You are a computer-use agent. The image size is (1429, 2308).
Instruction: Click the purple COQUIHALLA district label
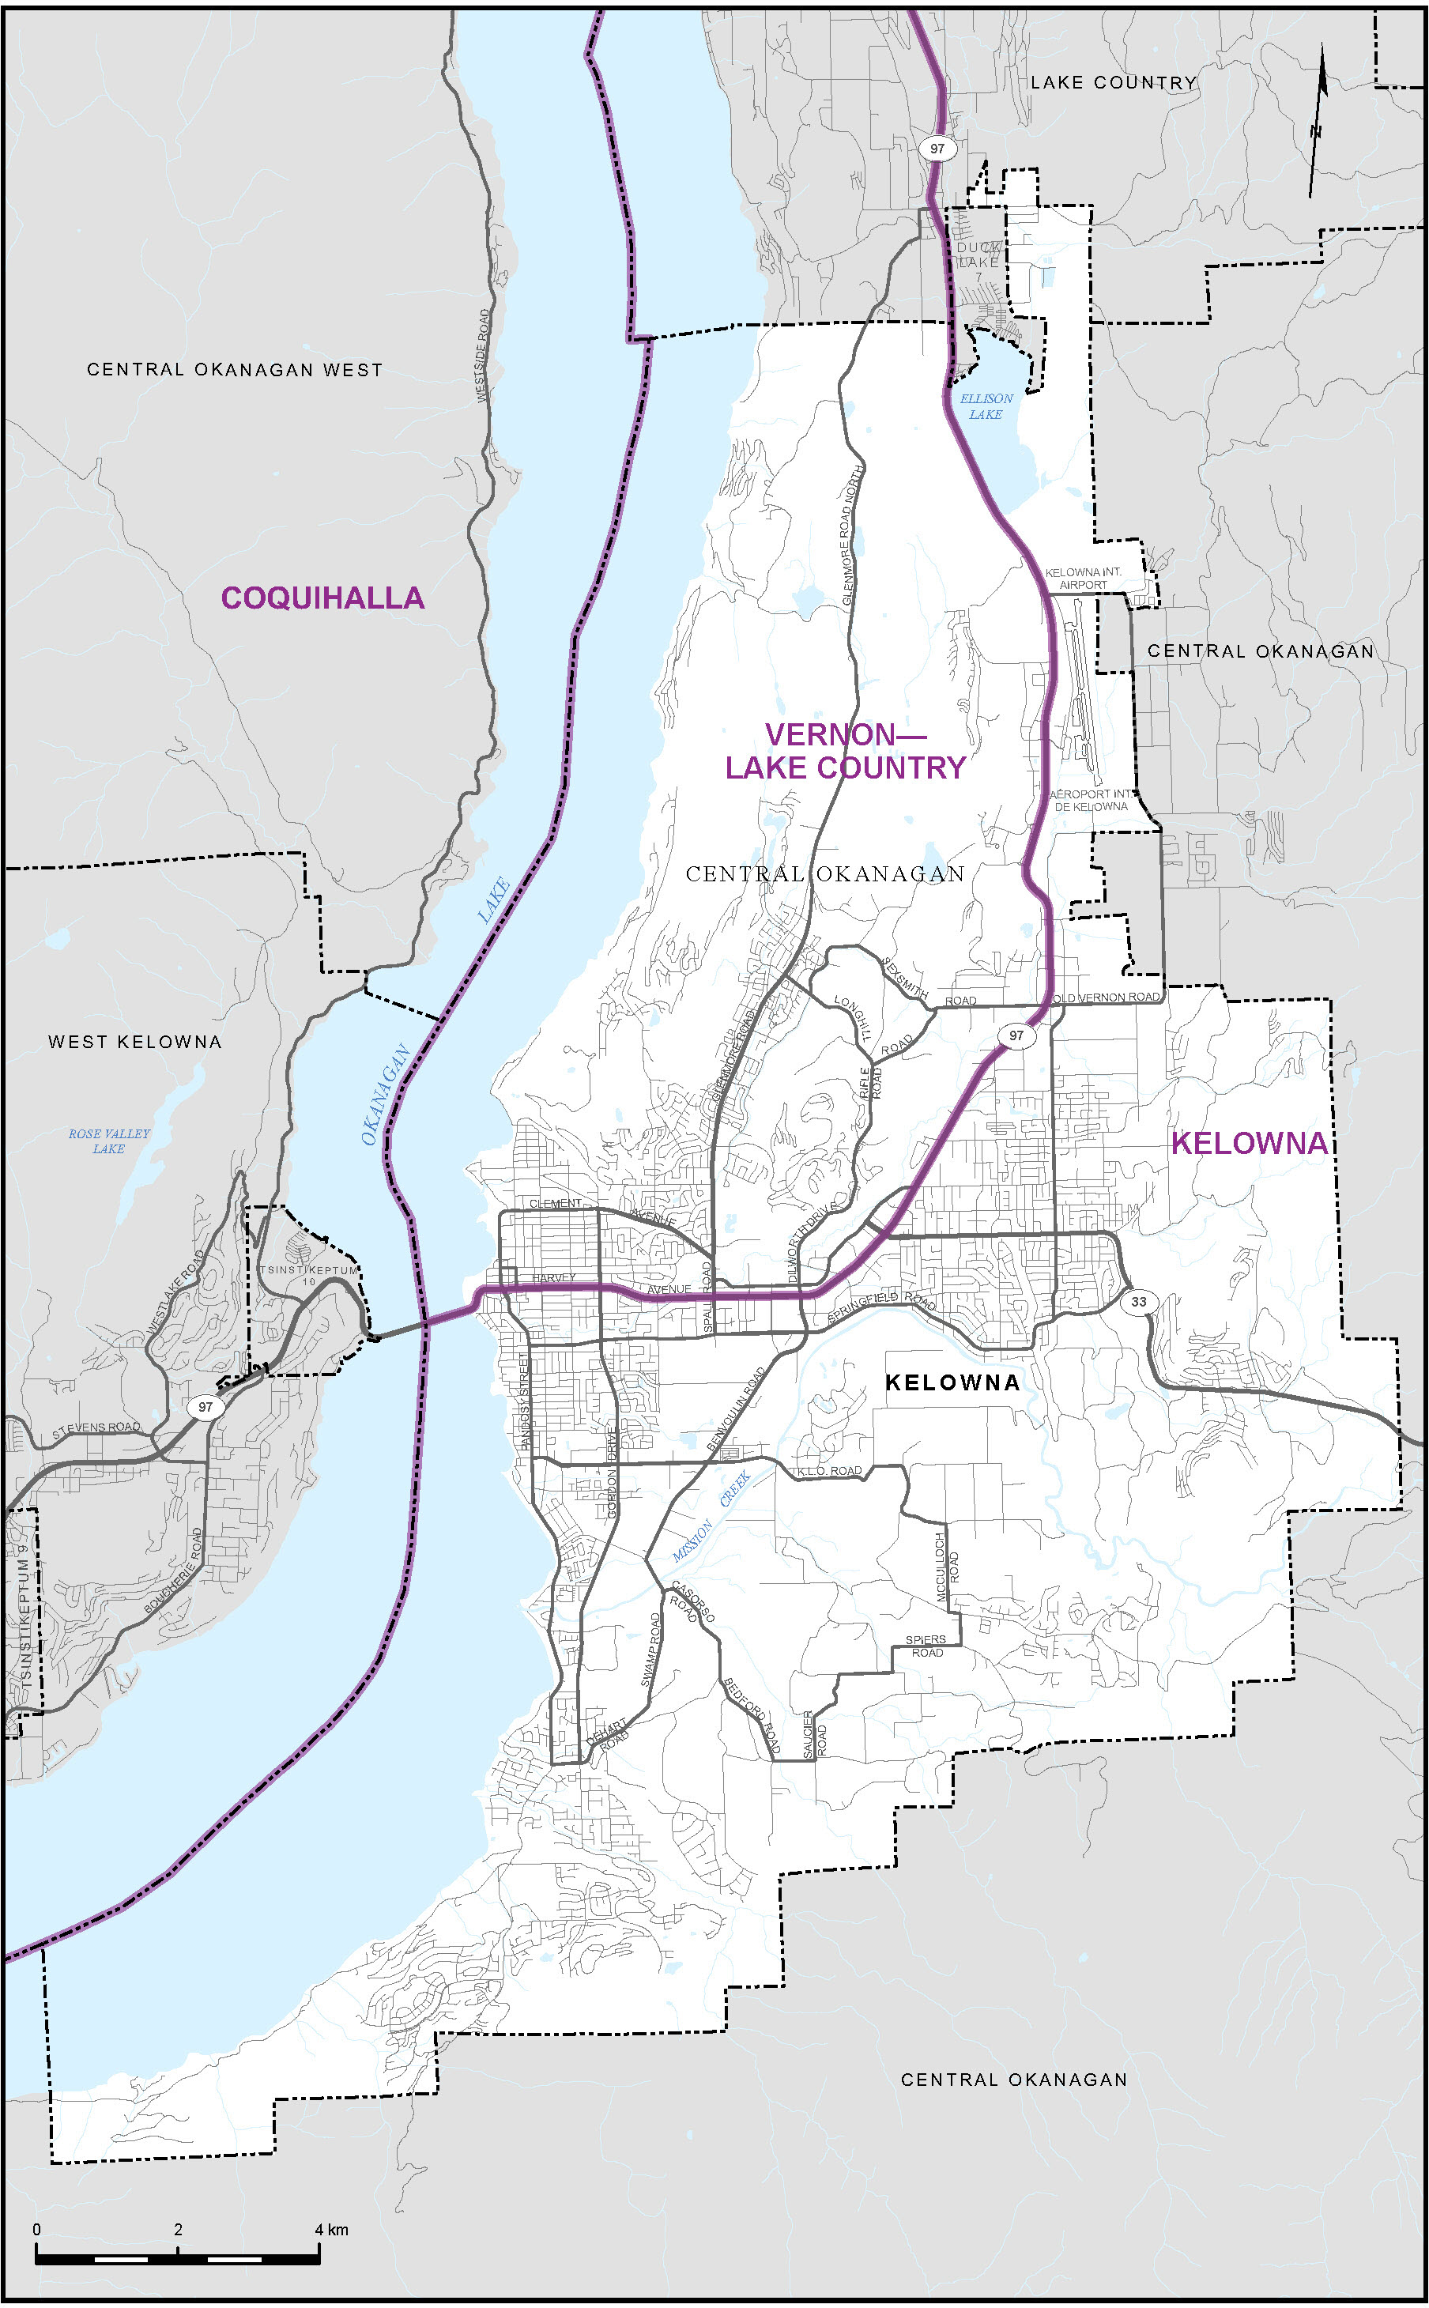coord(322,598)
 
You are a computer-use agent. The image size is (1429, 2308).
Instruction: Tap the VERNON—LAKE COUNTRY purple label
coord(845,752)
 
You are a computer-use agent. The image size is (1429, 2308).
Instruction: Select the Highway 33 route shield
coord(1139,1302)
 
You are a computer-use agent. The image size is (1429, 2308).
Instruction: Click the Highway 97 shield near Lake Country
coord(936,149)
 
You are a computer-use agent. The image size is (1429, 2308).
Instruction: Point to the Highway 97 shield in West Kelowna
coord(204,1406)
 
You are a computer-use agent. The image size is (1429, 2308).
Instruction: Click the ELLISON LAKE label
coord(986,406)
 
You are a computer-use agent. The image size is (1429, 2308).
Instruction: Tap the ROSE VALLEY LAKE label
coord(109,1141)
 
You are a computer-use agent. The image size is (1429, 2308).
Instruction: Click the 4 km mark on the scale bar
coord(319,2230)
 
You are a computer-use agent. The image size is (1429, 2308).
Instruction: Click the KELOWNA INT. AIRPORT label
coord(1083,579)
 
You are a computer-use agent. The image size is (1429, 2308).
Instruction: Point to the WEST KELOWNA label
coord(135,1042)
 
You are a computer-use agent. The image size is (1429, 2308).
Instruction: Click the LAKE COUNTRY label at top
coord(1114,83)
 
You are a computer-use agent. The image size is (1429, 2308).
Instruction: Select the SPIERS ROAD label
coord(926,1646)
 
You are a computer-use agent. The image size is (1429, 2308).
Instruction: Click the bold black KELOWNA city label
coord(952,1382)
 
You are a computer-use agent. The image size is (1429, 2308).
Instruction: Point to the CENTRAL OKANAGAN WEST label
coord(235,370)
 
